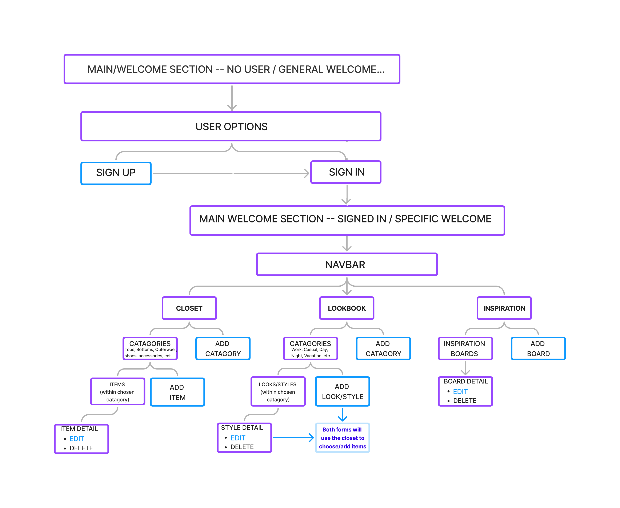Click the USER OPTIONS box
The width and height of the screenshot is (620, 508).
coord(231,126)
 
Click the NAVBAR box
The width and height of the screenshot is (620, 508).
coord(347,265)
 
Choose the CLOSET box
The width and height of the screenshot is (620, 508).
coord(189,308)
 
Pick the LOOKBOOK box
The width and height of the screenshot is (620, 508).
coord(347,308)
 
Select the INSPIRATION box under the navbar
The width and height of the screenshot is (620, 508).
coord(504,308)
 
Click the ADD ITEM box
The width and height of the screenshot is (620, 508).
coord(177,392)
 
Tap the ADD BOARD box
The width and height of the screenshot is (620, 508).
coord(538,348)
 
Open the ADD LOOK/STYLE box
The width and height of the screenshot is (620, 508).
coord(342,392)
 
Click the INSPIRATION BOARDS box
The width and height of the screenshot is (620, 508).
coord(465,348)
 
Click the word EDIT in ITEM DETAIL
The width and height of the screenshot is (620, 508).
coord(77,439)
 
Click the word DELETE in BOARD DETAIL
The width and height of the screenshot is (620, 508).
coord(465,401)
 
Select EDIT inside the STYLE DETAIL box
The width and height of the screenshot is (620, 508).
coord(238,438)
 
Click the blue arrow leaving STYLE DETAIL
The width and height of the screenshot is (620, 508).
coord(293,438)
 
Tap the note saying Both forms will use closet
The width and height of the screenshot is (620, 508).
coord(342,438)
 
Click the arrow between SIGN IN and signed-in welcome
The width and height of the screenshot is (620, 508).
coord(347,195)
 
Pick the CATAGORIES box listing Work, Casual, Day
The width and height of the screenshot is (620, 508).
coord(310,348)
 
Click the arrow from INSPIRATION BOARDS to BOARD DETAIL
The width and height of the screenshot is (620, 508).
coord(465,368)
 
